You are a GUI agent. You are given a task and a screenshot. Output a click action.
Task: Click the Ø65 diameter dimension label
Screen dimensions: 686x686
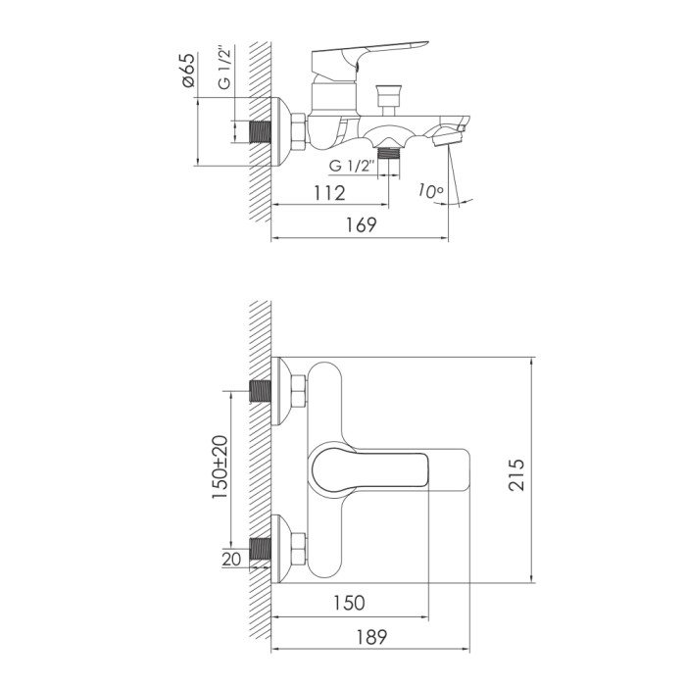(189, 70)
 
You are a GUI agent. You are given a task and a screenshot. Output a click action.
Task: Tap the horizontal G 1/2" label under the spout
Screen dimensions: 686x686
(353, 167)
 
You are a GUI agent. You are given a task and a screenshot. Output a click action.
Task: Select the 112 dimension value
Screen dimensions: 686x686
(329, 193)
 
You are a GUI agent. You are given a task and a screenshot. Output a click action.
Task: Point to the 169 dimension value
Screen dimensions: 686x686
(362, 224)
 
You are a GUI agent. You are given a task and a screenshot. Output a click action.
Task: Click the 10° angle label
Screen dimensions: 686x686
(430, 191)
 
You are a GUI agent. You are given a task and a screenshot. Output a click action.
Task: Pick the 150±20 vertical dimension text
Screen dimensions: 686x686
(220, 467)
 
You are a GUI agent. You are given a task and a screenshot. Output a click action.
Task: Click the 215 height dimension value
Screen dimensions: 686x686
(516, 474)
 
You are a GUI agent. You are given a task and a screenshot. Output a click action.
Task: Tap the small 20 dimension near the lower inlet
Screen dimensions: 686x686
(231, 560)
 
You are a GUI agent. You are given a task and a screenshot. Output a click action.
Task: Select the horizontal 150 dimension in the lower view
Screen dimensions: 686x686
(349, 603)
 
